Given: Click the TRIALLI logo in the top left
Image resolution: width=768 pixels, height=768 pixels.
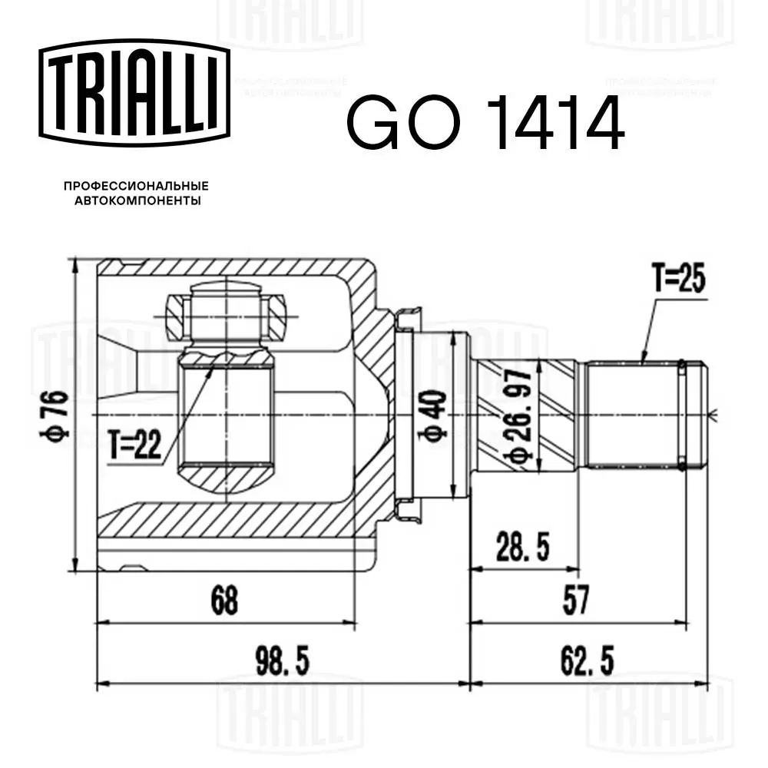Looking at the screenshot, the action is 134,93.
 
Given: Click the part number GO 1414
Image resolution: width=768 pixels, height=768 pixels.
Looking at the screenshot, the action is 485,122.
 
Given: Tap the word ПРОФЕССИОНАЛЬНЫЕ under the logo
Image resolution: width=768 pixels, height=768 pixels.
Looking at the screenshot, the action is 136,186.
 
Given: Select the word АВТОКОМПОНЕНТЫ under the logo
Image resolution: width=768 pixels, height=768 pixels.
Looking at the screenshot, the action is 137,200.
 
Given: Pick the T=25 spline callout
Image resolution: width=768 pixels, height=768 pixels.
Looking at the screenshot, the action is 679,278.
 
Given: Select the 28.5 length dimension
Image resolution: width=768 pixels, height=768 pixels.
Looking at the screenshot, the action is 522,547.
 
